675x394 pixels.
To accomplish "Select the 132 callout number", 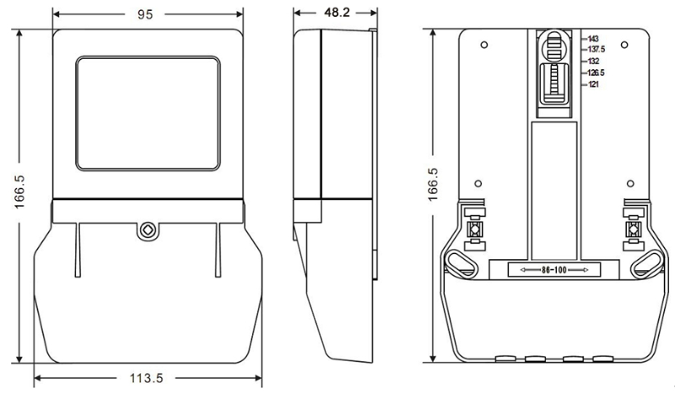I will [x=593, y=61].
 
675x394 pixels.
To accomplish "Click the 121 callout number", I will [x=593, y=84].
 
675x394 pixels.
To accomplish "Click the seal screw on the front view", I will [x=147, y=229].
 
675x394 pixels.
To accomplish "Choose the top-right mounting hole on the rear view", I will [x=626, y=44].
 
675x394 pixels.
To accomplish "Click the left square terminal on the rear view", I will [x=474, y=229].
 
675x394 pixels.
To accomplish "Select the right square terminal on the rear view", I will [x=633, y=229].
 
